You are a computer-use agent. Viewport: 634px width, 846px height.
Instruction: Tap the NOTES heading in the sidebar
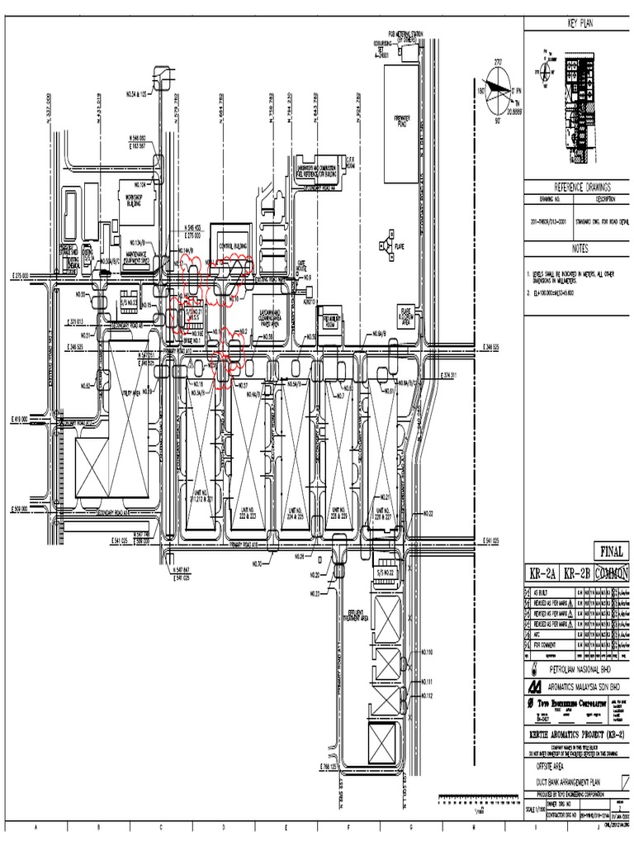[x=579, y=248]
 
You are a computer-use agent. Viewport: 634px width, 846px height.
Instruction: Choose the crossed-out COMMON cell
[x=612, y=573]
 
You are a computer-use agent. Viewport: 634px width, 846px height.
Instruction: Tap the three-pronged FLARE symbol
[x=385, y=245]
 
